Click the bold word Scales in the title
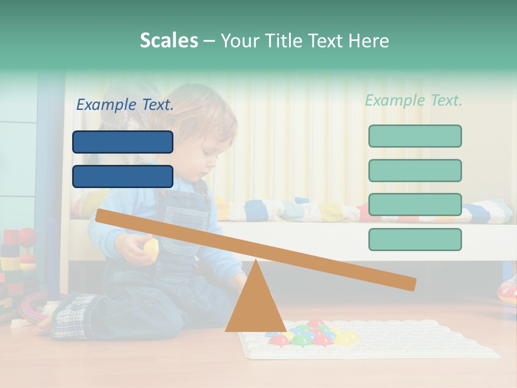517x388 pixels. click(169, 40)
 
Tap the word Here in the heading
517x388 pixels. click(368, 41)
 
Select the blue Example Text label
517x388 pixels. click(125, 105)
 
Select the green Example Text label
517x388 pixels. click(414, 100)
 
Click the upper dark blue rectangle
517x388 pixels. click(123, 142)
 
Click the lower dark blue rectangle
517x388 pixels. click(123, 176)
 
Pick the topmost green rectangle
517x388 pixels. click(415, 136)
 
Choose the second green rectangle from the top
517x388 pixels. click(415, 170)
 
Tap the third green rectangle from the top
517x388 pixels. click(415, 204)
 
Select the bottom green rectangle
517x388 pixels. click(415, 239)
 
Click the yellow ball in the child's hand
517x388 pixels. click(151, 248)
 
